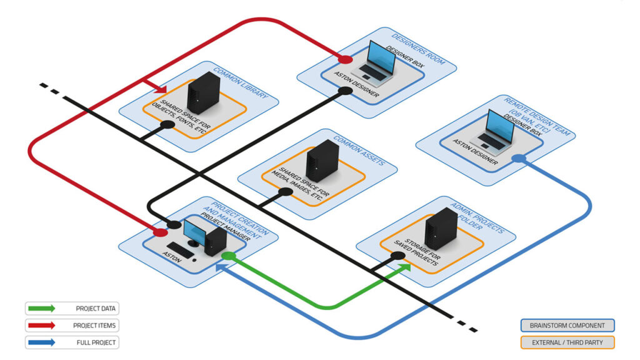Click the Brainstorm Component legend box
click(x=567, y=326)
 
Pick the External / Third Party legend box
click(x=567, y=342)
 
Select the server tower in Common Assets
click(x=322, y=161)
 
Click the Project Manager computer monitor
click(x=194, y=232)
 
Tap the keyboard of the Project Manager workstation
click(x=180, y=250)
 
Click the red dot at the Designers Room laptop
click(x=344, y=59)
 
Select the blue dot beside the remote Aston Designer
click(x=517, y=159)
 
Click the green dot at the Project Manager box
click(x=229, y=256)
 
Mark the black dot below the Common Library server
click(x=167, y=125)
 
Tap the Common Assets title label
click(x=359, y=150)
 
